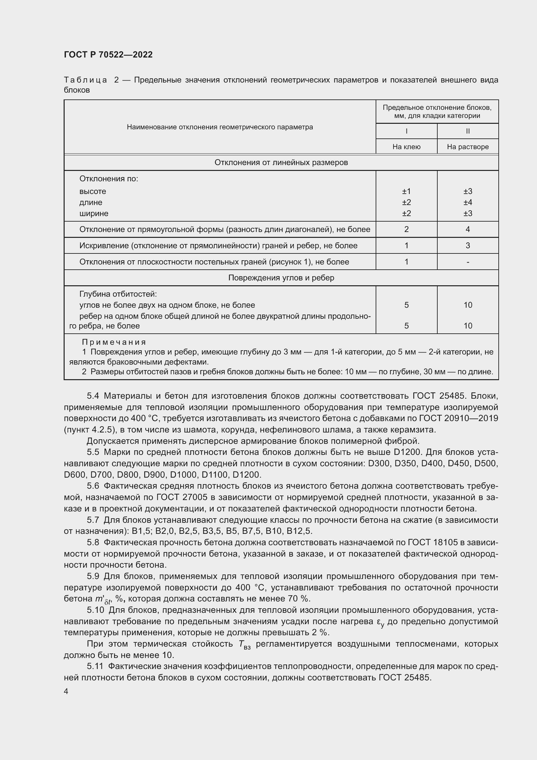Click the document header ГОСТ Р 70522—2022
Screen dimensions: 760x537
click(x=108, y=55)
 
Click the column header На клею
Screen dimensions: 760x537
click(x=406, y=147)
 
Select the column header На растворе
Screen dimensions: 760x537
click(x=468, y=147)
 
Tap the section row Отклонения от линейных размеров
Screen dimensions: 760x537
click(x=281, y=162)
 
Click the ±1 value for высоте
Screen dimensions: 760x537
click(x=406, y=191)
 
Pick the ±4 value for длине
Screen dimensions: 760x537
click(x=468, y=202)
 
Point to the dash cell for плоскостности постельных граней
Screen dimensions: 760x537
click(x=468, y=262)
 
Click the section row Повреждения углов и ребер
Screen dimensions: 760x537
click(x=281, y=278)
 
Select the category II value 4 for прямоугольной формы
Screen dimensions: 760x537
click(x=468, y=229)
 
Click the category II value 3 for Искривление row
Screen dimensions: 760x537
click(x=468, y=246)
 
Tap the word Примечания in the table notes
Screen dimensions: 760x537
click(x=114, y=342)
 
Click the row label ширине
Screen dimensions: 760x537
click(x=94, y=213)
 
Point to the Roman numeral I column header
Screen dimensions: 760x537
click(x=406, y=131)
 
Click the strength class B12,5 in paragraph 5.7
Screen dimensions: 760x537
click(x=299, y=531)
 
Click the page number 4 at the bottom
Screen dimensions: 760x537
click(x=66, y=691)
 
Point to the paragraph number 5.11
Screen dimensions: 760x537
click(x=95, y=666)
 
